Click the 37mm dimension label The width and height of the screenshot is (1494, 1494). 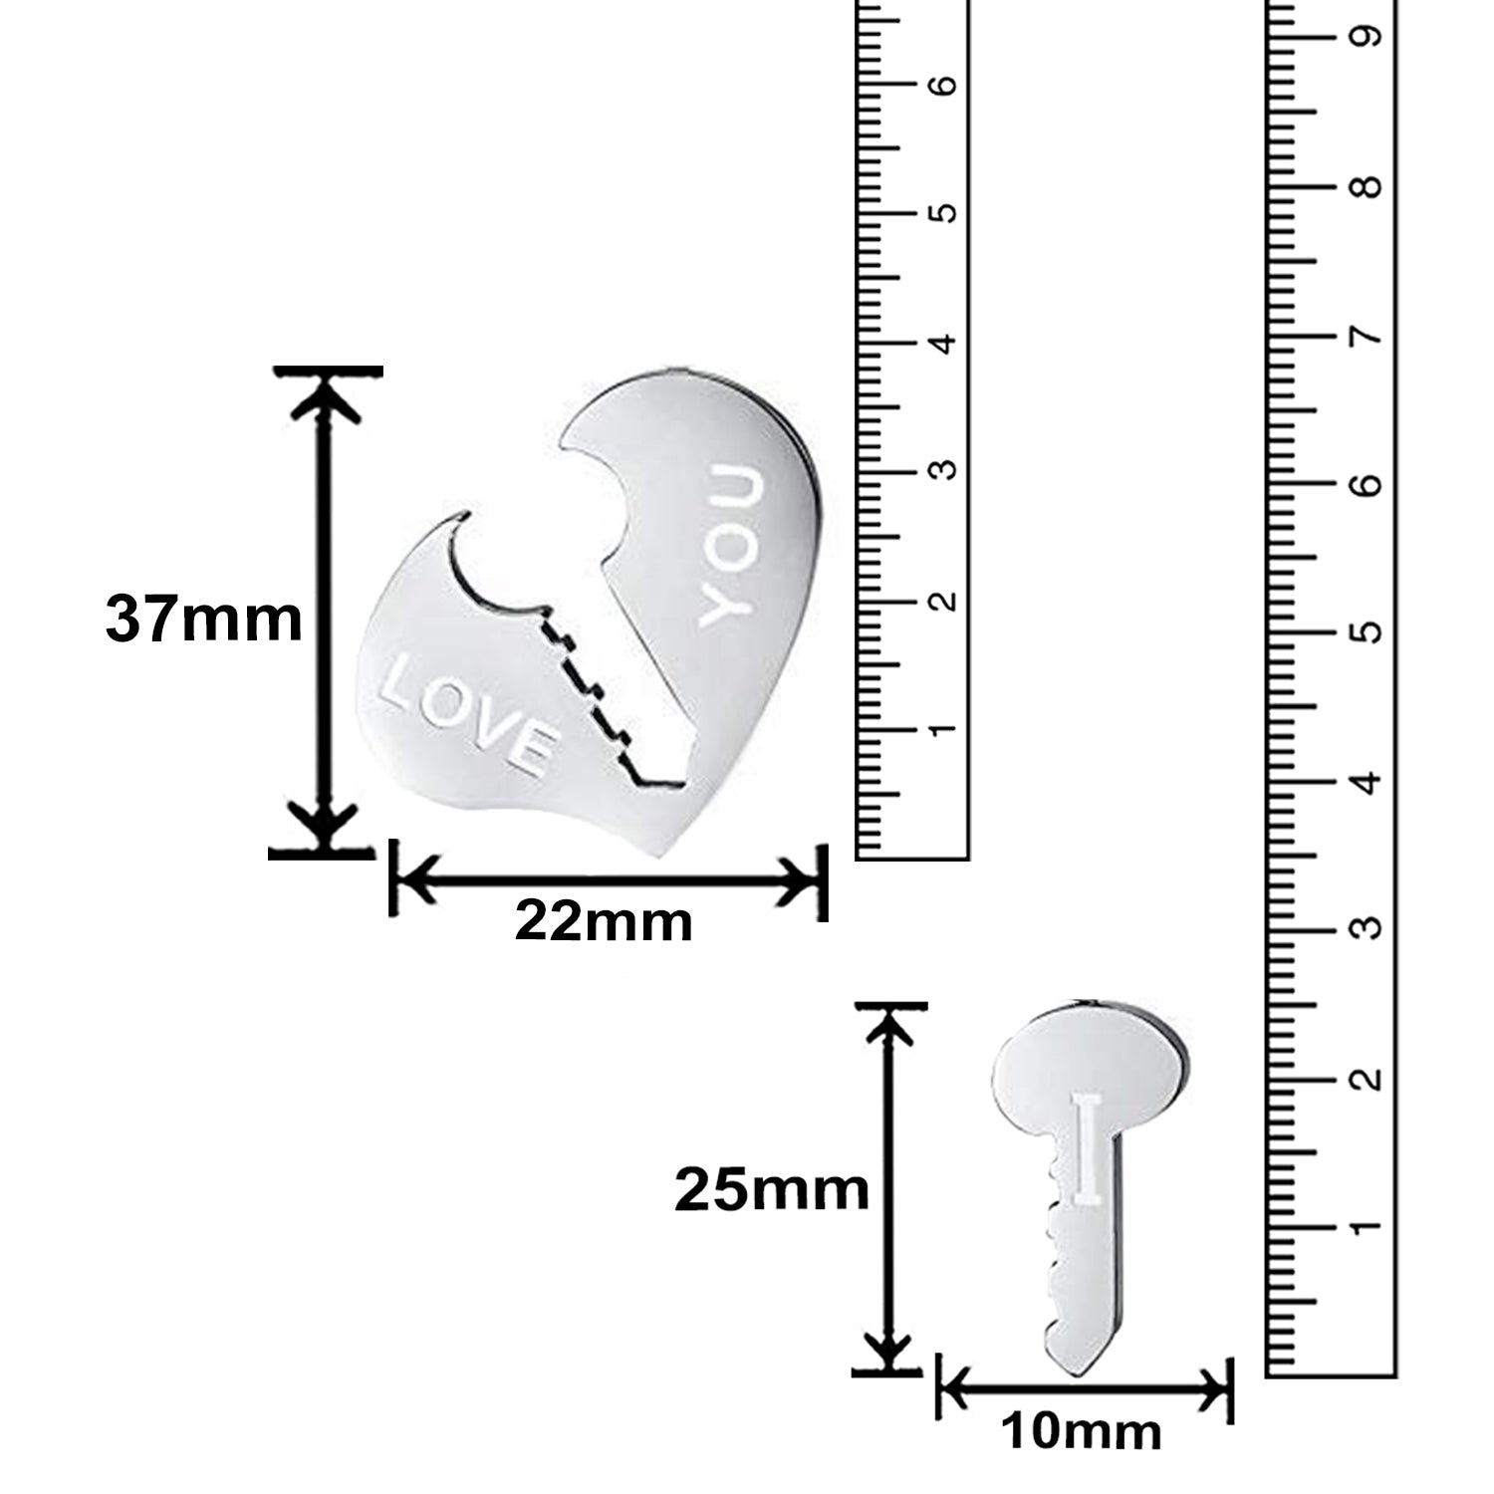click(x=203, y=620)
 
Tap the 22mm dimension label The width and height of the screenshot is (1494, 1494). click(x=604, y=922)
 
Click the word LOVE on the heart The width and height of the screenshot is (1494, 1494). click(x=466, y=714)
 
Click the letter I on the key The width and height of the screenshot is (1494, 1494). click(x=1088, y=1145)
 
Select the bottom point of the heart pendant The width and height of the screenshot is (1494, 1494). click(x=665, y=852)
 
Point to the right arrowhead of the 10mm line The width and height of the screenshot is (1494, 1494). click(x=1218, y=1387)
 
